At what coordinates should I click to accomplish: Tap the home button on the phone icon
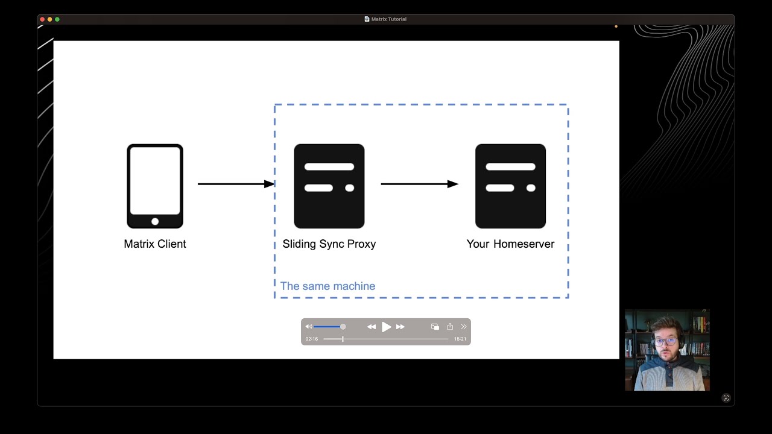tap(155, 221)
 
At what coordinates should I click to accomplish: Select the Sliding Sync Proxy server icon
tap(329, 186)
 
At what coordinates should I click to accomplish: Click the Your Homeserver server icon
tap(510, 186)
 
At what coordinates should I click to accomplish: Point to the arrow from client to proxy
tap(235, 184)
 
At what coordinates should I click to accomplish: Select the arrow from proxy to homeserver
tap(419, 184)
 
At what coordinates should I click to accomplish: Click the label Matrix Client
tap(155, 244)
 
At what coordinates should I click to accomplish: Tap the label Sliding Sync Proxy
tap(329, 244)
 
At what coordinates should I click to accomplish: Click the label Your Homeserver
tap(510, 244)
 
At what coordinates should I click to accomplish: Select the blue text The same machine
tap(327, 286)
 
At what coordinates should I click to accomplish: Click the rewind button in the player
tap(371, 327)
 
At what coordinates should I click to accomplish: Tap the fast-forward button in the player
tap(400, 327)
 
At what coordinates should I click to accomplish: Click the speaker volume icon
tap(308, 327)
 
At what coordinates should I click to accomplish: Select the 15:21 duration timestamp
tap(460, 339)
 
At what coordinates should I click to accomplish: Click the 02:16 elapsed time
tap(311, 339)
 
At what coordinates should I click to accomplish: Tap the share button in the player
tap(450, 327)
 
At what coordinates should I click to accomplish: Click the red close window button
tap(42, 19)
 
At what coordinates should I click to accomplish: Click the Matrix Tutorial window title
tap(388, 19)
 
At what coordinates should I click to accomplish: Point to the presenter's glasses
tap(665, 342)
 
